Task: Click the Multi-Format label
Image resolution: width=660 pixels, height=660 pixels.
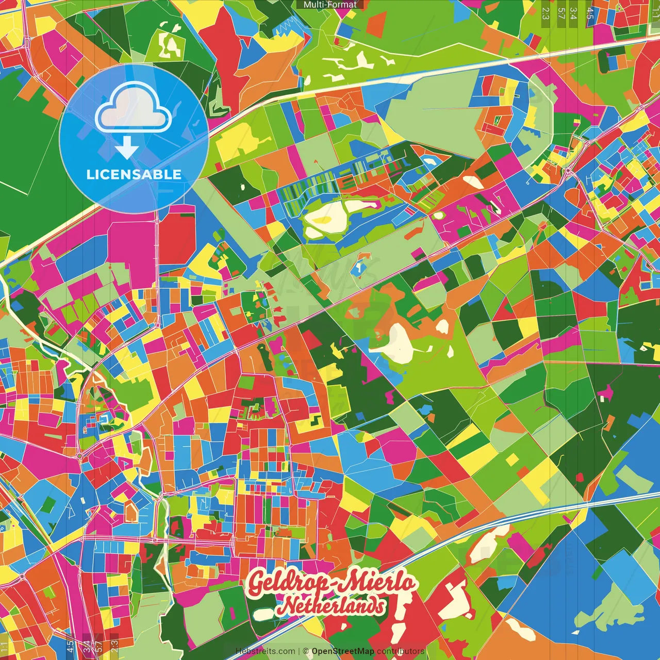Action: click(x=330, y=5)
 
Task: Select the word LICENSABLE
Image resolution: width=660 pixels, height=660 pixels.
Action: click(x=134, y=174)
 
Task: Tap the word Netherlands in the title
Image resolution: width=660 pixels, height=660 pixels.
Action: click(x=331, y=606)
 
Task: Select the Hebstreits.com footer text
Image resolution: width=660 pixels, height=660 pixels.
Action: click(x=265, y=651)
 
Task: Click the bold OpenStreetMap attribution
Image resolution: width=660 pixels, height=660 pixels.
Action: click(x=343, y=651)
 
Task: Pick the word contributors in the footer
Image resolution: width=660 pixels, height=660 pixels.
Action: click(x=401, y=651)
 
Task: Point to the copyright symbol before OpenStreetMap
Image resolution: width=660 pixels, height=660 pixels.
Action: click(x=306, y=651)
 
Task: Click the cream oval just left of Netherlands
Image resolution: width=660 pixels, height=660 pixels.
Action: click(x=262, y=615)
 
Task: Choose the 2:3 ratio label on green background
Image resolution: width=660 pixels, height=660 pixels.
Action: click(x=545, y=13)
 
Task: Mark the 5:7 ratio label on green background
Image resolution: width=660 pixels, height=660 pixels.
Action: click(x=561, y=13)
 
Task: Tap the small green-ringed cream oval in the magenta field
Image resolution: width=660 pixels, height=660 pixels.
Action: click(x=439, y=215)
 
